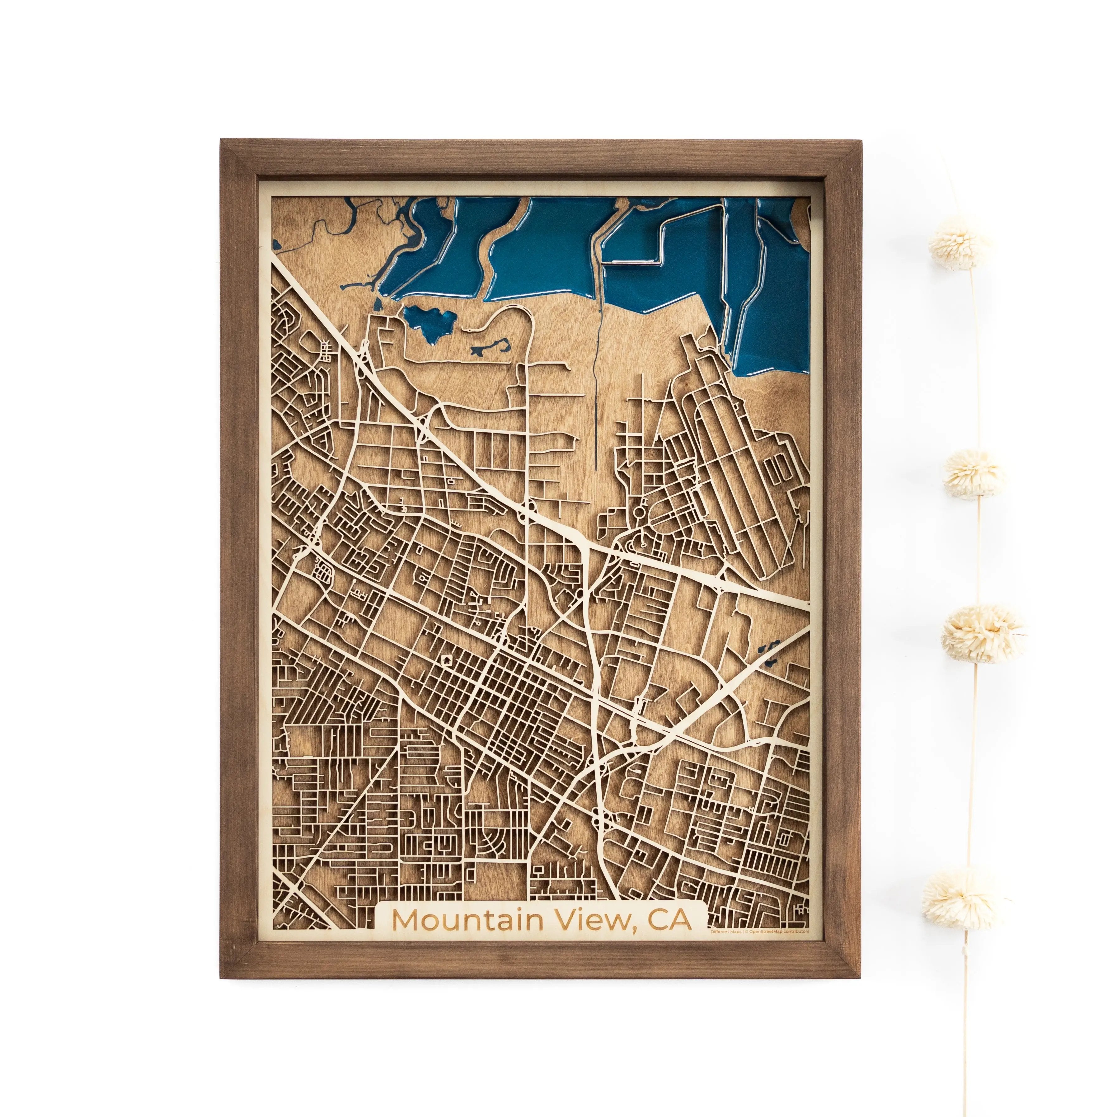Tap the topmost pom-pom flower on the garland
coord(960,244)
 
